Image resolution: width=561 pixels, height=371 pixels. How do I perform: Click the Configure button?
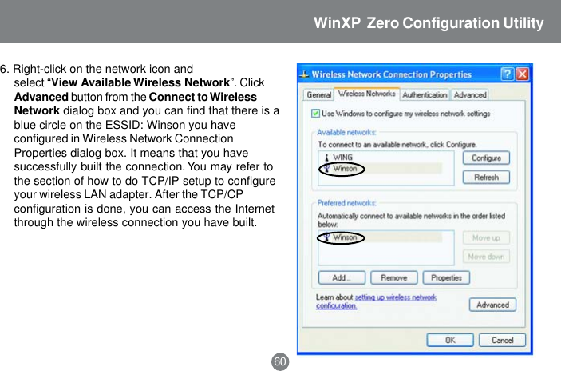pos(486,158)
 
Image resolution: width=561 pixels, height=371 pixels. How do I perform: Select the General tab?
pos(318,94)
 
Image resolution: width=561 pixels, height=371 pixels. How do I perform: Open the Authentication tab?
pos(424,94)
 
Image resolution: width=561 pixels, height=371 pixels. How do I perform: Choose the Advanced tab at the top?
pos(470,94)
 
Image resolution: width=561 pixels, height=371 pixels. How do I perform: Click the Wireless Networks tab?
pos(366,94)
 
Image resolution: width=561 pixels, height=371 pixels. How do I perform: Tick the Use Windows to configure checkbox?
pos(314,114)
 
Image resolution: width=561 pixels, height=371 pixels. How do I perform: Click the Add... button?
pos(342,278)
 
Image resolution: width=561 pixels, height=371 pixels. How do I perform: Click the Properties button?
pos(446,278)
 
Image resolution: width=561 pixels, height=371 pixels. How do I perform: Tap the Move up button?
pos(486,238)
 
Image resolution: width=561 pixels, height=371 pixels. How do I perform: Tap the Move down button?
pos(486,257)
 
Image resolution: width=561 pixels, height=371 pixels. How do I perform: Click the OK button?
pos(450,340)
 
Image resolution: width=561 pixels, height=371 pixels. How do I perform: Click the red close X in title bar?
pos(522,74)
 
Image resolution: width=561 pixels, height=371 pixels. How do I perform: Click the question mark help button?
pos(507,74)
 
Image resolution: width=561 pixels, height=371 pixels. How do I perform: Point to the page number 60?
pos(280,361)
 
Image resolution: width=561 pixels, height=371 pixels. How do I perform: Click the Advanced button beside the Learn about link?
pos(492,305)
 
